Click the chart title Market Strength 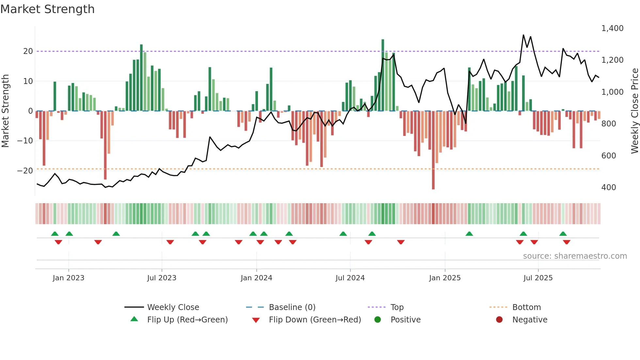(x=47, y=9)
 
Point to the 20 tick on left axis (x=28, y=51)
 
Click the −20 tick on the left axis (x=25, y=171)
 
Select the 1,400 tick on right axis (x=612, y=28)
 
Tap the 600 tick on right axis (x=609, y=156)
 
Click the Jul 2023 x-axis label (x=162, y=278)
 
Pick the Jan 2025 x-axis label (x=445, y=278)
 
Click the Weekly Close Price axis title (x=634, y=111)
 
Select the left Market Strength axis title (x=5, y=111)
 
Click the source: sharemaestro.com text (x=575, y=256)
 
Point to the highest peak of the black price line (x=523, y=35)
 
